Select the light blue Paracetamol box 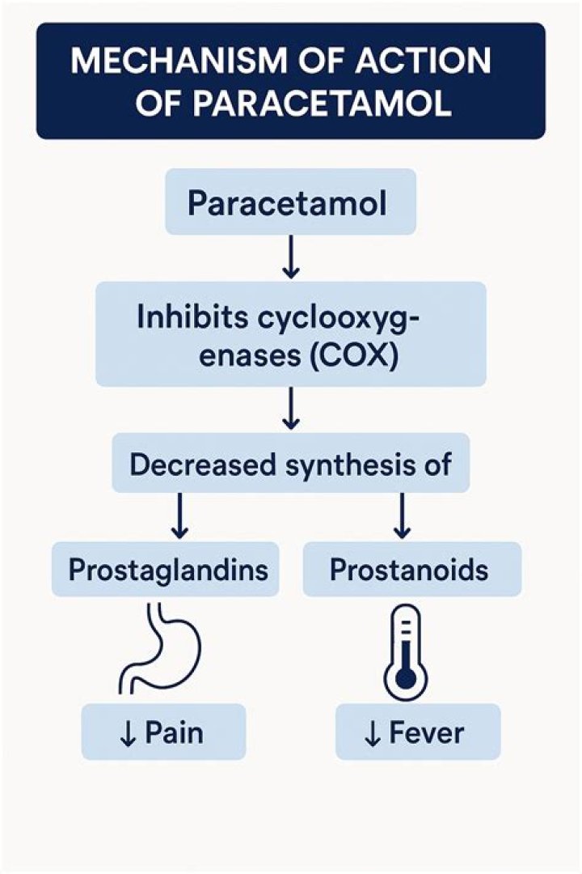(290, 202)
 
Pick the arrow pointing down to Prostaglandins (180, 517)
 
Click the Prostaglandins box (168, 570)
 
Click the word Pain (174, 732)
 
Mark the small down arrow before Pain (128, 733)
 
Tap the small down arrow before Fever (373, 733)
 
